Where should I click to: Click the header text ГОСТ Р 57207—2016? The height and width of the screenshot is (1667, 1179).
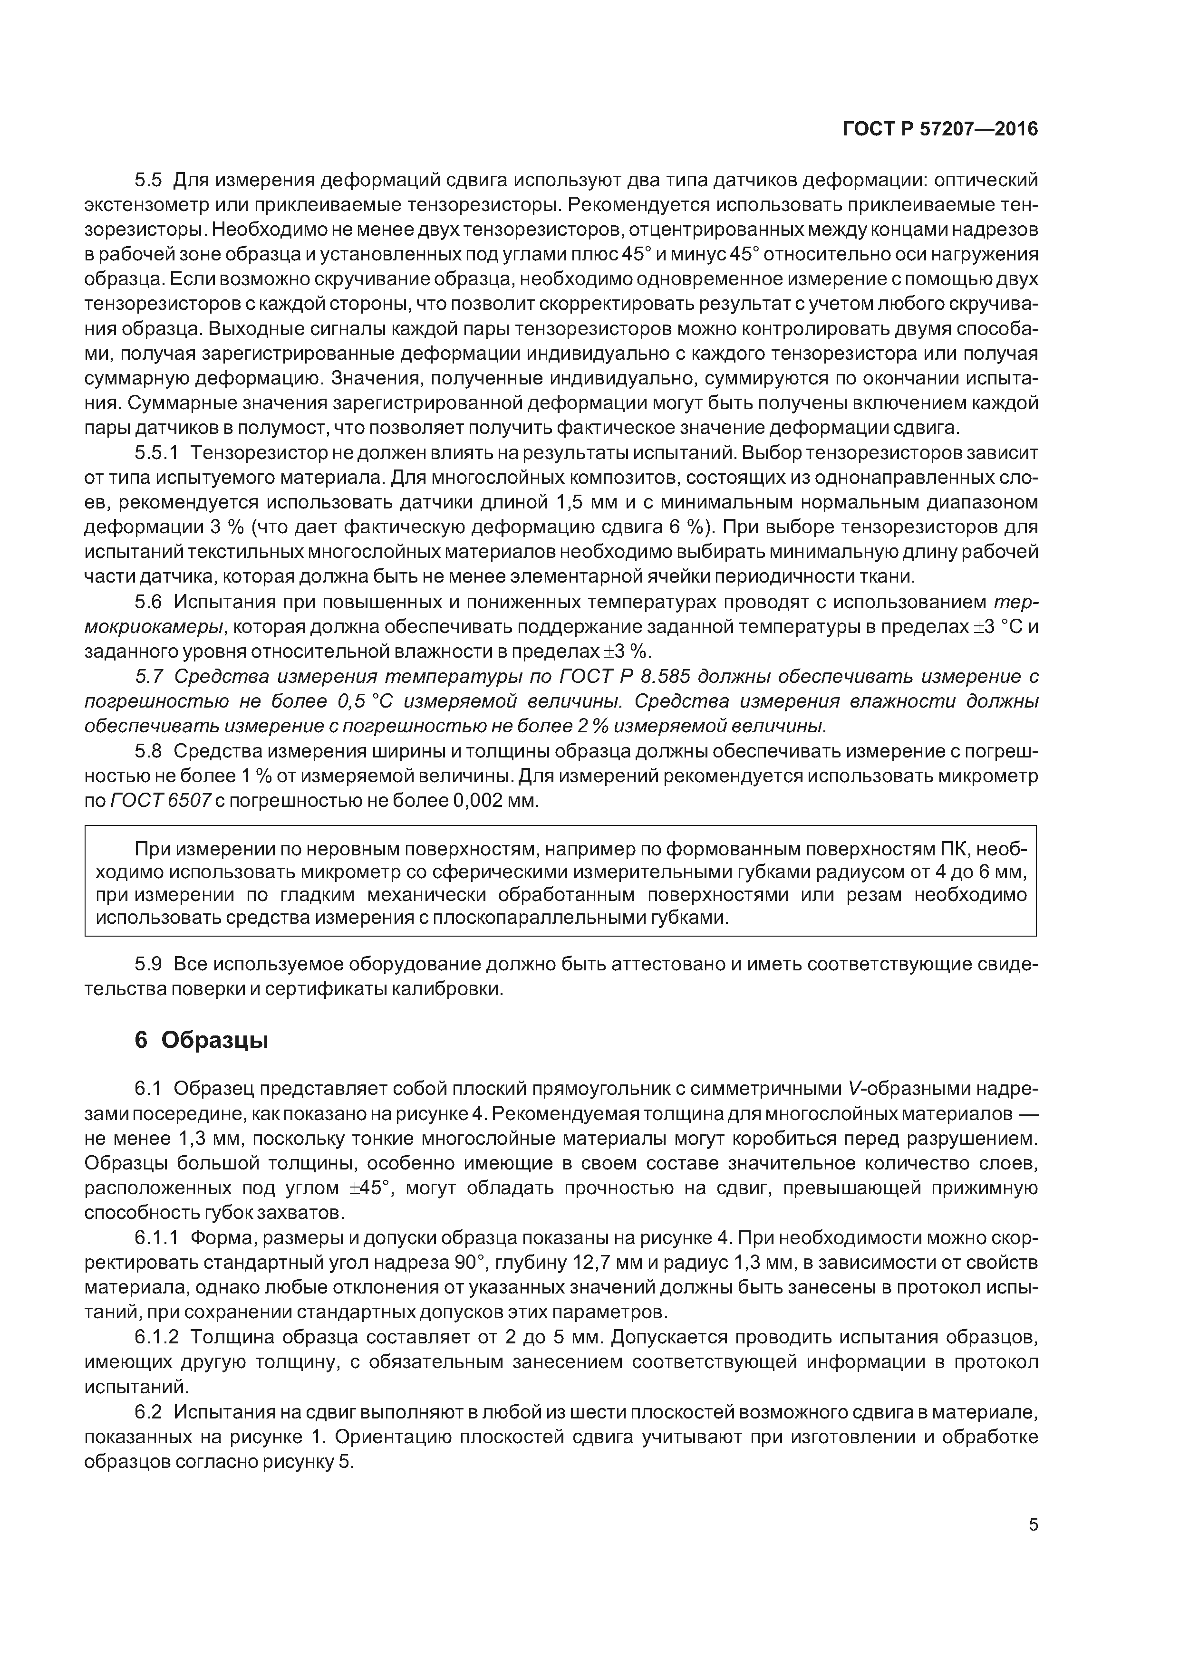(x=940, y=129)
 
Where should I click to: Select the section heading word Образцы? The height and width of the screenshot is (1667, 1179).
(x=215, y=1040)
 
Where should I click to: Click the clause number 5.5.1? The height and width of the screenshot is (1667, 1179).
(x=156, y=453)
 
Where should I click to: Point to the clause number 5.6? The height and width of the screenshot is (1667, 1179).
(x=149, y=602)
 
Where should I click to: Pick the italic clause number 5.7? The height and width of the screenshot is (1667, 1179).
(x=149, y=677)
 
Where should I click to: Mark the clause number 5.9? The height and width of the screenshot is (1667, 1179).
(x=149, y=964)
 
